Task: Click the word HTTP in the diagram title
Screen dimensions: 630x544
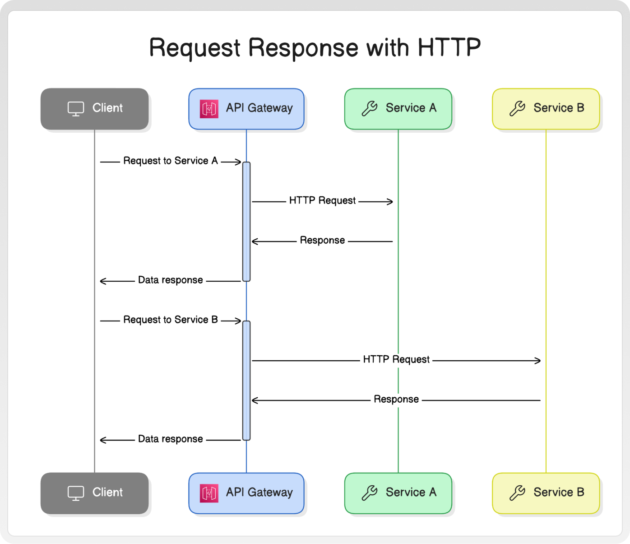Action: point(449,47)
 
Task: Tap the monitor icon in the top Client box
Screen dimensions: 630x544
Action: point(76,109)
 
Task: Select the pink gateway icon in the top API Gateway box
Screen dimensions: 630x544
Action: point(209,109)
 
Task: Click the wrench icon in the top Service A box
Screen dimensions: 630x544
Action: point(370,108)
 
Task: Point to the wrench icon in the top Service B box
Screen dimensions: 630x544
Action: point(518,108)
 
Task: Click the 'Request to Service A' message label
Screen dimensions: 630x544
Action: point(171,161)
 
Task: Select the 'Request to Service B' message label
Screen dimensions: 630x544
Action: point(171,320)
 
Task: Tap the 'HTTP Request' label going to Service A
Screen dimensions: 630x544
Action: point(322,200)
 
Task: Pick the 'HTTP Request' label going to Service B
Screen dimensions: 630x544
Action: point(396,359)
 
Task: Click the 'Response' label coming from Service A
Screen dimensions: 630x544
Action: point(322,240)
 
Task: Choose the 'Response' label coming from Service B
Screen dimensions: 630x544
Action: point(396,399)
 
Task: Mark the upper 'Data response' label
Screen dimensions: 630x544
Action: point(171,280)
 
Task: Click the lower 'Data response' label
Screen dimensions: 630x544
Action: point(171,439)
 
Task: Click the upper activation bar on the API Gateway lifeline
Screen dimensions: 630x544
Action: point(246,222)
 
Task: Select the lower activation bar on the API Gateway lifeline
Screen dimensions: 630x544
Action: point(246,381)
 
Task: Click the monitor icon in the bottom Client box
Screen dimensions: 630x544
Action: point(76,493)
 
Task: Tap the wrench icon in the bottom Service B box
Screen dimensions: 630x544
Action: point(518,493)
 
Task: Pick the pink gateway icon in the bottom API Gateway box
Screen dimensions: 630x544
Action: point(209,493)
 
